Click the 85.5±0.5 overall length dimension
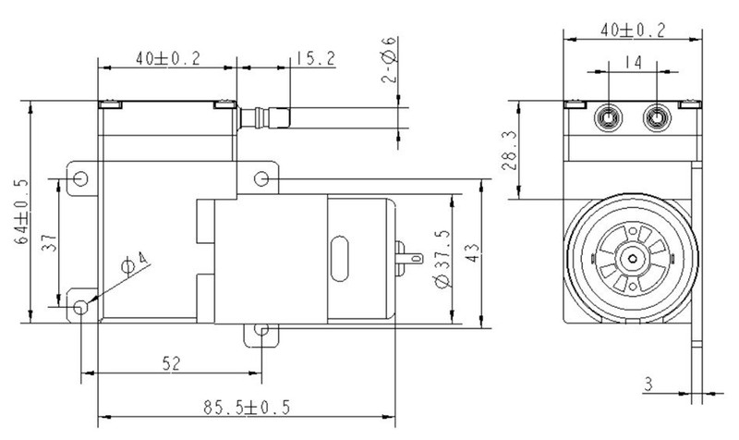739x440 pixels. pyautogui.click(x=244, y=405)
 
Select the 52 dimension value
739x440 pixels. pyautogui.click(x=170, y=363)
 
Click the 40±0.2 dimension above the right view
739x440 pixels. pyautogui.click(x=632, y=30)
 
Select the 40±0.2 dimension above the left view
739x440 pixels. pyautogui.click(x=167, y=58)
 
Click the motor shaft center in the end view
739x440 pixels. pyautogui.click(x=632, y=259)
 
